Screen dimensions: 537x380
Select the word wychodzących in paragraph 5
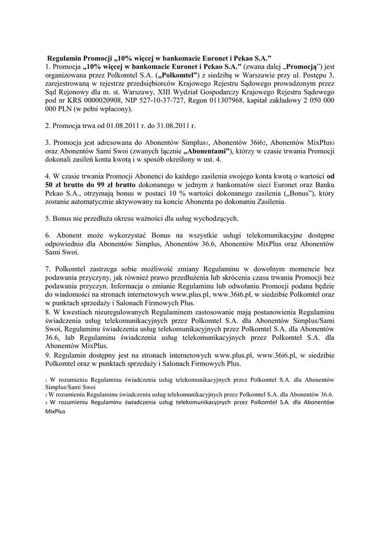[215, 219]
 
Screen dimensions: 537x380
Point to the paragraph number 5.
[47, 219]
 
